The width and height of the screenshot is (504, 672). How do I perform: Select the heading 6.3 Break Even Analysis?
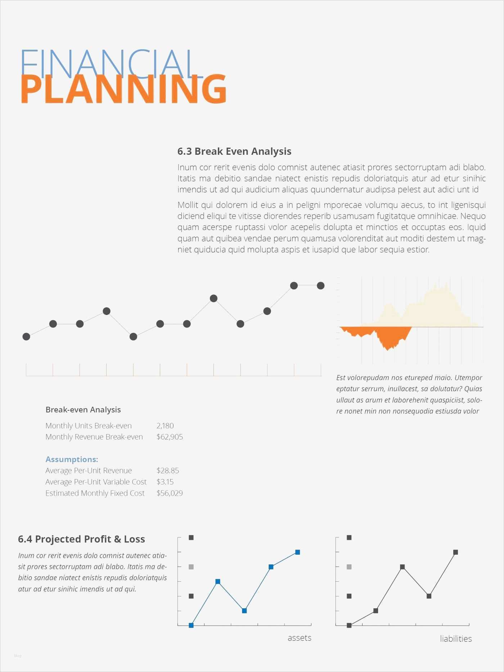coord(234,152)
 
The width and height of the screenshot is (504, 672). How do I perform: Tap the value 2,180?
coord(165,426)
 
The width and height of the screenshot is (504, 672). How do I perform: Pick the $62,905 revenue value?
coord(170,437)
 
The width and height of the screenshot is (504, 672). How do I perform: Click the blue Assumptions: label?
coord(72,460)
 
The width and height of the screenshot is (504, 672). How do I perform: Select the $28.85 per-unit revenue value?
coord(168,471)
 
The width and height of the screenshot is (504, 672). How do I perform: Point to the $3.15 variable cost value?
coord(165,482)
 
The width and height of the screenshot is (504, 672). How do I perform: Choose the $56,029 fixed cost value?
coord(170,493)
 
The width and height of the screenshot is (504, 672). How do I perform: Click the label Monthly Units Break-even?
coord(89,426)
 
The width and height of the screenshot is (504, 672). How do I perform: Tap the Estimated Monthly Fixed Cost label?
coord(95,493)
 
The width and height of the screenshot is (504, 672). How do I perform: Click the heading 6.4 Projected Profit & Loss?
coord(81,539)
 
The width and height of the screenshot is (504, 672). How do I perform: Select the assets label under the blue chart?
coord(300,638)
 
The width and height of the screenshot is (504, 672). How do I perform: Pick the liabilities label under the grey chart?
coord(456,639)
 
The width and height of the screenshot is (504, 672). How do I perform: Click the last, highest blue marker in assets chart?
coord(298,552)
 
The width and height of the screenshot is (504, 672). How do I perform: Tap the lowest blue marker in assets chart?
coord(191,626)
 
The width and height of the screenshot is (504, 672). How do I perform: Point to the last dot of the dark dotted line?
coord(320,286)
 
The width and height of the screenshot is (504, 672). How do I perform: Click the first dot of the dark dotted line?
coord(26,337)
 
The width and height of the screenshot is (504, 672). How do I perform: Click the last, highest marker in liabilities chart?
coord(455,552)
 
